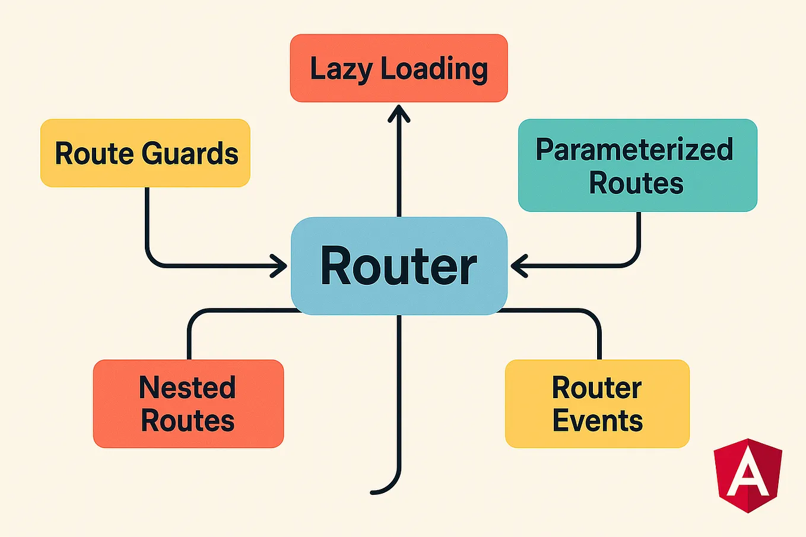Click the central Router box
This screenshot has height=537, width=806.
tap(399, 266)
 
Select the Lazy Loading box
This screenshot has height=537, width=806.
tap(399, 68)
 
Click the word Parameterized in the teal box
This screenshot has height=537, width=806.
tap(634, 150)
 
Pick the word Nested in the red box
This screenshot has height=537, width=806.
tap(188, 387)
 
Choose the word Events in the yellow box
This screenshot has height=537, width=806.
tap(598, 421)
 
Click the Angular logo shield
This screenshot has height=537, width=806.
tap(748, 475)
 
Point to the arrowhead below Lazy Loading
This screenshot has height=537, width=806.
tap(399, 113)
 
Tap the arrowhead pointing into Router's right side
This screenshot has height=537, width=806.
tap(519, 266)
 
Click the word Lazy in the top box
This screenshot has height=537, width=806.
tap(341, 69)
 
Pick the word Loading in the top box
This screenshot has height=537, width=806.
tap(434, 69)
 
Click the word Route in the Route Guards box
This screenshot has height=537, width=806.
tap(94, 154)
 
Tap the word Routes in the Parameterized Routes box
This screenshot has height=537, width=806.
tap(636, 183)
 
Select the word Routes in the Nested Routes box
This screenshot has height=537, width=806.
tap(188, 421)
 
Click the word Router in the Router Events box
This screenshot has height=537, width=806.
tap(596, 387)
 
